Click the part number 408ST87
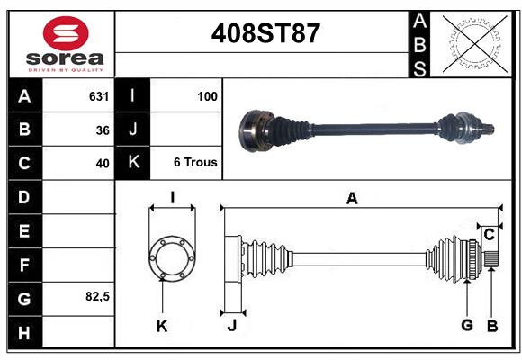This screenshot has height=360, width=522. pyautogui.click(x=265, y=33)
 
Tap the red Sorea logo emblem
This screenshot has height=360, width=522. pyautogui.click(x=65, y=35)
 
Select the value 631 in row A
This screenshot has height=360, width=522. pyautogui.click(x=98, y=95)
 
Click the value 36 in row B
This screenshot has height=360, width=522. pyautogui.click(x=102, y=130)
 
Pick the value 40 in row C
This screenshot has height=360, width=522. pyautogui.click(x=102, y=164)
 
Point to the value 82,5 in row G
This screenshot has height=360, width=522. pyautogui.click(x=96, y=296)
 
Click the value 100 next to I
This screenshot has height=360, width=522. pyautogui.click(x=207, y=95)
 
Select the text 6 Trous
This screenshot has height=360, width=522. pyautogui.click(x=195, y=163)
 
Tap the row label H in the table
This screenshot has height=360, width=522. pyautogui.click(x=23, y=334)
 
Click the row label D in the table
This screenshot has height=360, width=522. pyautogui.click(x=23, y=197)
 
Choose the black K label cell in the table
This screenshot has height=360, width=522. pyautogui.click(x=132, y=163)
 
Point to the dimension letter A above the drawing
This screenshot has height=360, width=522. pyautogui.click(x=352, y=199)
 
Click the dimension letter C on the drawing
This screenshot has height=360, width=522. pyautogui.click(x=489, y=235)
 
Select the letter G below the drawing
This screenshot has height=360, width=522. pyautogui.click(x=467, y=326)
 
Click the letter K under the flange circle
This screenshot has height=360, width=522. pyautogui.click(x=162, y=326)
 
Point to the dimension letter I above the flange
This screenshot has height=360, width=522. pyautogui.click(x=171, y=198)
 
